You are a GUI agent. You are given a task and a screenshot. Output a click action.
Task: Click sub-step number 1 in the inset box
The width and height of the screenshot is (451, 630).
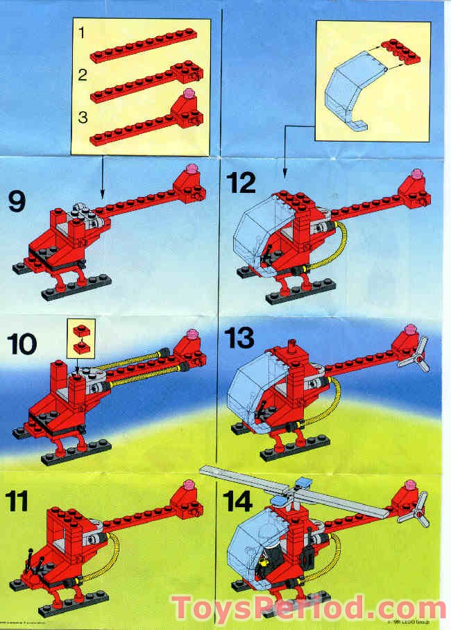click(82, 33)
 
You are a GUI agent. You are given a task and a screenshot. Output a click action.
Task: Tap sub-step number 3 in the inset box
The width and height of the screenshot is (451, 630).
click(83, 117)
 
